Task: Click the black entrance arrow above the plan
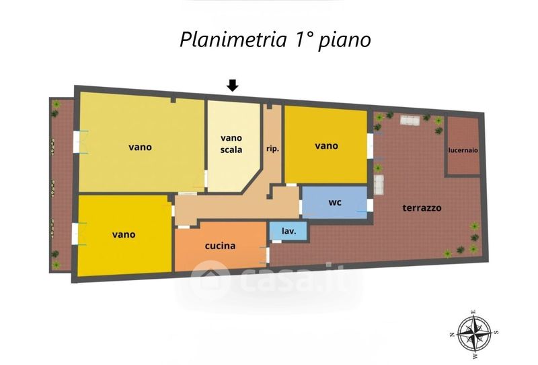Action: pyautogui.click(x=232, y=85)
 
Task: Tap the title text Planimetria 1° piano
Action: pyautogui.click(x=275, y=40)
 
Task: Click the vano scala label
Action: pyautogui.click(x=231, y=143)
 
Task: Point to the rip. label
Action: pyautogui.click(x=272, y=148)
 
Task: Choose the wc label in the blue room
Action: pyautogui.click(x=335, y=202)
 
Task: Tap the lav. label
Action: pyautogui.click(x=289, y=231)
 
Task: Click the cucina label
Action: pyautogui.click(x=220, y=246)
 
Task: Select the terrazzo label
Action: pyautogui.click(x=422, y=208)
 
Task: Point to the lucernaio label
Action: pyautogui.click(x=463, y=150)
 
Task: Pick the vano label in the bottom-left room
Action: pyautogui.click(x=124, y=234)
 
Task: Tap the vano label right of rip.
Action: pyautogui.click(x=326, y=145)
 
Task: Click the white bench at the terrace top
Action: pyautogui.click(x=409, y=120)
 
